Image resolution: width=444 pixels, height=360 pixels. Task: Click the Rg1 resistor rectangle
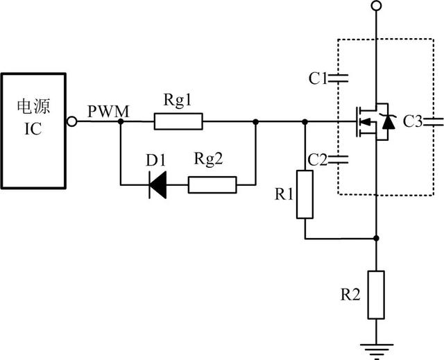tap(178, 123)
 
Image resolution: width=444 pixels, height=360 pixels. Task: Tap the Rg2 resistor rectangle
tap(212, 185)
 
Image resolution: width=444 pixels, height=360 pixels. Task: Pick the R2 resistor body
tap(375, 295)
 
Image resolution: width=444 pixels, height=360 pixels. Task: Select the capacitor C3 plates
tap(435, 123)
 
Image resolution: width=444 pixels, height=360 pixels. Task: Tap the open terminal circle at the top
tap(375, 6)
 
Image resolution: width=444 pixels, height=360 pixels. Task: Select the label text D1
tap(155, 161)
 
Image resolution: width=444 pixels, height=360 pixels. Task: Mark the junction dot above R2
tap(375, 238)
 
